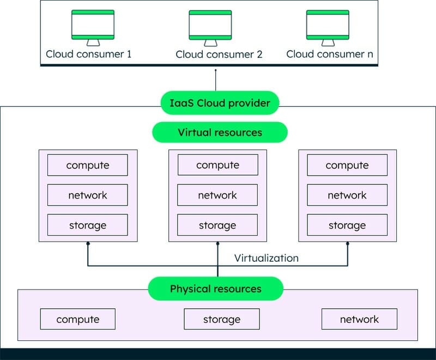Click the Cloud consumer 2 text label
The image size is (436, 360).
(x=219, y=55)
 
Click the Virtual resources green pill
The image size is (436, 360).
(x=220, y=133)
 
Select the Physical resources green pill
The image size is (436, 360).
(x=216, y=289)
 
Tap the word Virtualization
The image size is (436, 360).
(x=267, y=258)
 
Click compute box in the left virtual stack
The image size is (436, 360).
(x=88, y=165)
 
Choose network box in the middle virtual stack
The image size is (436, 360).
(x=217, y=195)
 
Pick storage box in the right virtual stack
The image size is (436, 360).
(x=347, y=225)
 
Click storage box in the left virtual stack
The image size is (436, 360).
(x=88, y=225)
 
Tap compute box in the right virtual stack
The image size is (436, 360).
(x=347, y=165)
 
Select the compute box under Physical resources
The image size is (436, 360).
(x=78, y=319)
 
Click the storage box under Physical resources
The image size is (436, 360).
(x=222, y=319)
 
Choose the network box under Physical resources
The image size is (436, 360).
(x=359, y=319)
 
